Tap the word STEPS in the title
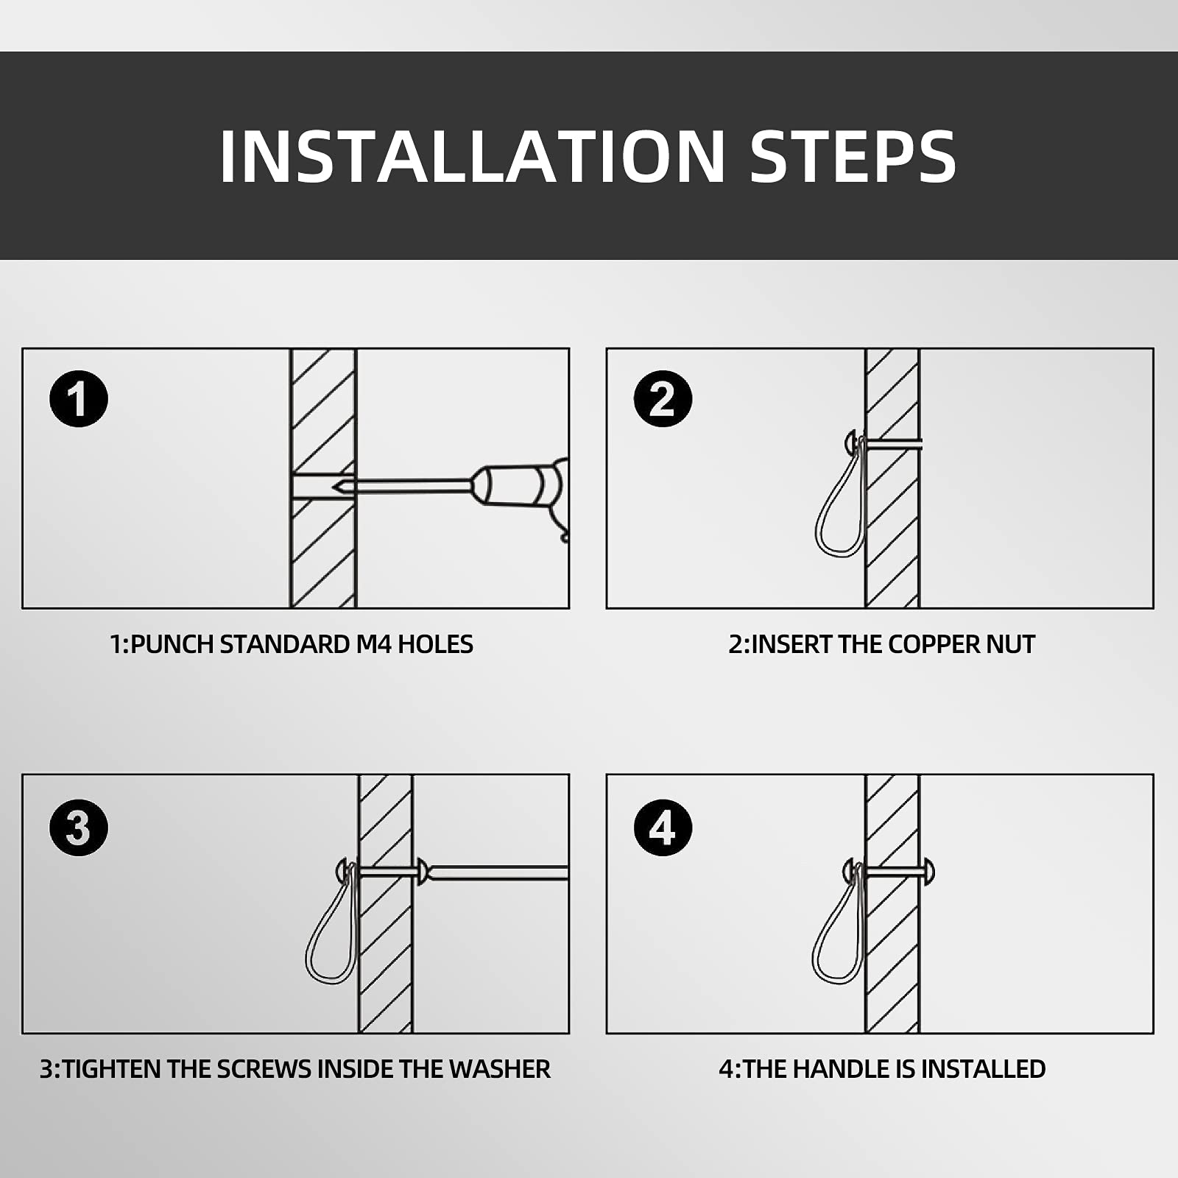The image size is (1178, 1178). pyautogui.click(x=853, y=156)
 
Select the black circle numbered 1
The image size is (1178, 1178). pyautogui.click(x=79, y=399)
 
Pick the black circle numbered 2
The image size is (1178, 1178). pyautogui.click(x=663, y=399)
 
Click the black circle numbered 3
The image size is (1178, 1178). pyautogui.click(x=79, y=828)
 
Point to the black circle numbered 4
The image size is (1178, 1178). pyautogui.click(x=663, y=828)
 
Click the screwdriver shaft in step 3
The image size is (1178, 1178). pyautogui.click(x=498, y=873)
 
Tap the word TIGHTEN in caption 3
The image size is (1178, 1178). pyautogui.click(x=113, y=1069)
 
